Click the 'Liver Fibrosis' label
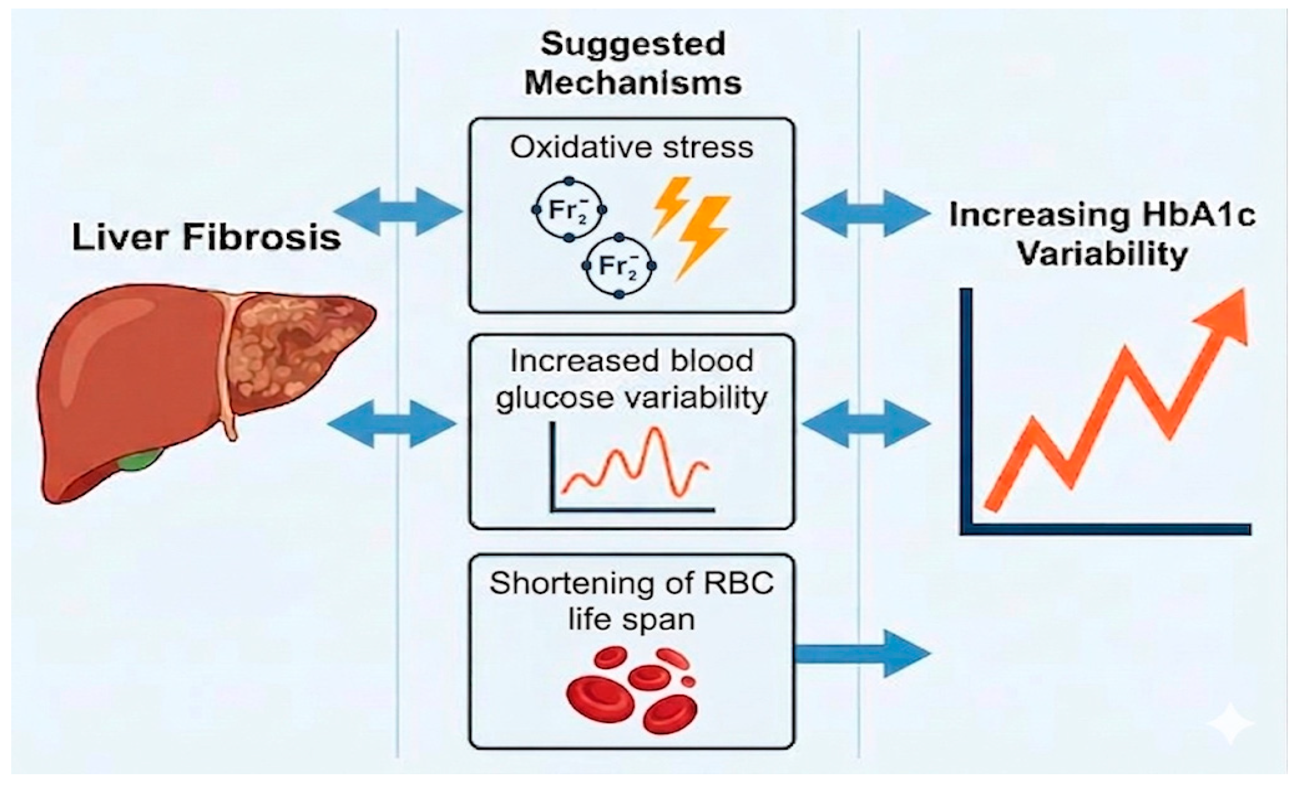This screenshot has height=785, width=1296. coord(206,237)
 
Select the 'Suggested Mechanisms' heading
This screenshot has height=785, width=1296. coord(633,63)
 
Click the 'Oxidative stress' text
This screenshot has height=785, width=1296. coord(632,148)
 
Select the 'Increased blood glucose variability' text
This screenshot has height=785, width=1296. coord(632,380)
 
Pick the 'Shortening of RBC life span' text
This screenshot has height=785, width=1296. coord(632,601)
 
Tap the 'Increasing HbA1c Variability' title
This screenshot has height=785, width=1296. coord(1102,235)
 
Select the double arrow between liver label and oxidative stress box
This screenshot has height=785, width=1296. coord(398,212)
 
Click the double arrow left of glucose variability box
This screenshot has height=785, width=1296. coord(392,423)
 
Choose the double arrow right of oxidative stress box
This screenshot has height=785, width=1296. coord(865,212)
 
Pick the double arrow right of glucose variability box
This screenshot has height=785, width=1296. coord(866,423)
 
